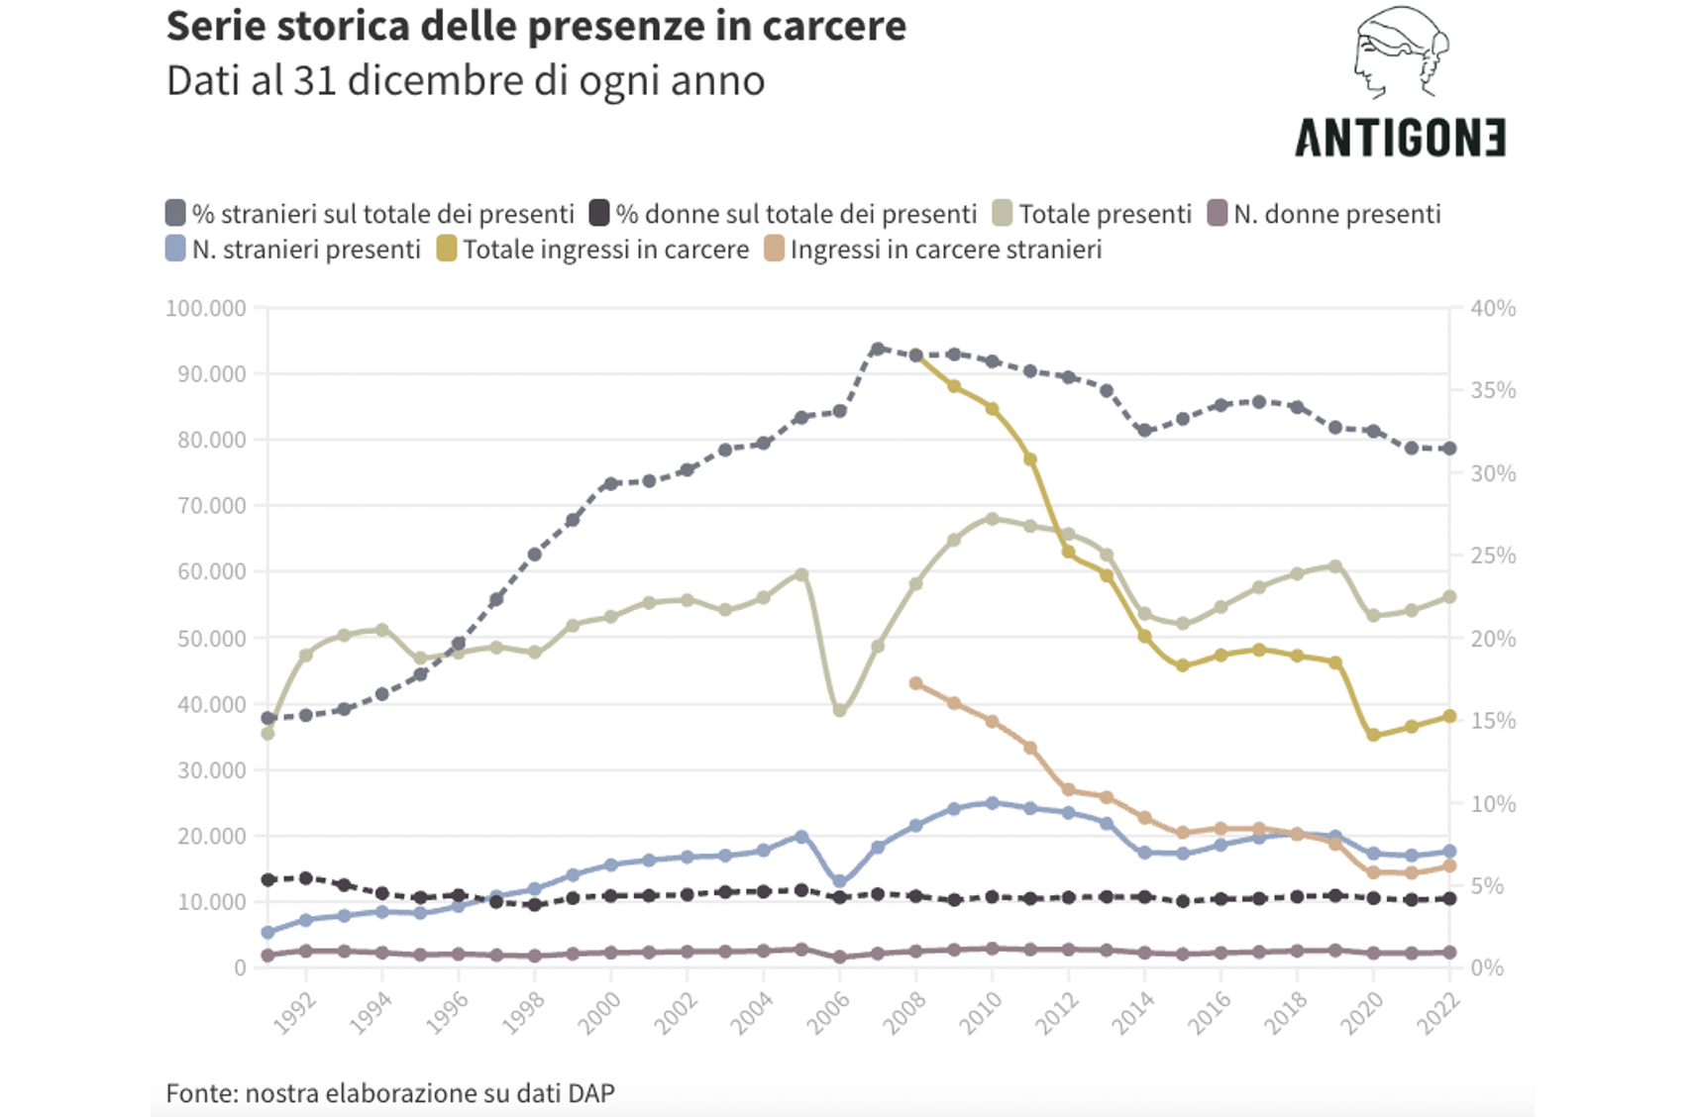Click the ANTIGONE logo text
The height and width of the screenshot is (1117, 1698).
[1400, 138]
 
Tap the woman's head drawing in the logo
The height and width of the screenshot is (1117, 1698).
[1399, 51]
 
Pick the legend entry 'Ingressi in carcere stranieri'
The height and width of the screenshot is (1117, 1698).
[945, 250]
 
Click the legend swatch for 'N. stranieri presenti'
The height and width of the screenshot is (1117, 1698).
[176, 249]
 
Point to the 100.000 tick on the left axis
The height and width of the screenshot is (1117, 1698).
[206, 308]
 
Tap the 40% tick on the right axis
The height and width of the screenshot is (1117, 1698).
[1492, 308]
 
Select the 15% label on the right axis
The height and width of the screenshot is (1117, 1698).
[1492, 721]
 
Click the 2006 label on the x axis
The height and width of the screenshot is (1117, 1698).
[829, 1011]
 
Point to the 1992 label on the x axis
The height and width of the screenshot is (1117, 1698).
[295, 1011]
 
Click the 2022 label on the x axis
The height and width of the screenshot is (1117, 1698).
[1439, 1011]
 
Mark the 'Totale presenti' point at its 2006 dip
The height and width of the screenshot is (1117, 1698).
[839, 711]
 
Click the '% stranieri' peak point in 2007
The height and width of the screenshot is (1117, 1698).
[878, 349]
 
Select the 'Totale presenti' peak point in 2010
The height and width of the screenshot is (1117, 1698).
[992, 519]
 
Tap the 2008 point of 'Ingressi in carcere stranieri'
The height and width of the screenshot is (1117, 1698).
[915, 683]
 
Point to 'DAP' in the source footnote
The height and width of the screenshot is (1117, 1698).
[591, 1093]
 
